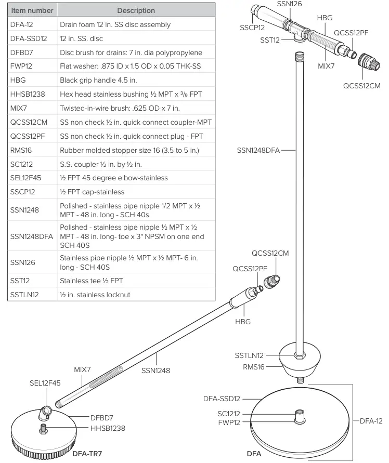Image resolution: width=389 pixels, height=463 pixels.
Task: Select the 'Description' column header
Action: coord(136,10)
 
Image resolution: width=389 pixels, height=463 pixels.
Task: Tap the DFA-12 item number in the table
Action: coord(21,24)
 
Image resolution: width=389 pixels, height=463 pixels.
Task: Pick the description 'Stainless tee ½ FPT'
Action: coord(92,281)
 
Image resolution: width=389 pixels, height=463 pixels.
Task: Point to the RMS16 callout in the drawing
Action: coord(254,366)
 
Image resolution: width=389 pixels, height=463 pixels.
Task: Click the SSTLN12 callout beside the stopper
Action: coord(250,355)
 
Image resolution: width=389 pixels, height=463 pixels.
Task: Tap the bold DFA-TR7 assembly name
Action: coord(87,454)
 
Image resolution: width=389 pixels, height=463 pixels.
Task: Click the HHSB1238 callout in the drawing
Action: coord(108,428)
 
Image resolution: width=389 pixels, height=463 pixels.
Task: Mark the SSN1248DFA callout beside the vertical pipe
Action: coord(258,151)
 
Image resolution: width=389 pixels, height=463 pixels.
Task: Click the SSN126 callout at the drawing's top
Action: coord(290,4)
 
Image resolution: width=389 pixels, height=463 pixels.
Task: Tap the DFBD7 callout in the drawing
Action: coord(102,417)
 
